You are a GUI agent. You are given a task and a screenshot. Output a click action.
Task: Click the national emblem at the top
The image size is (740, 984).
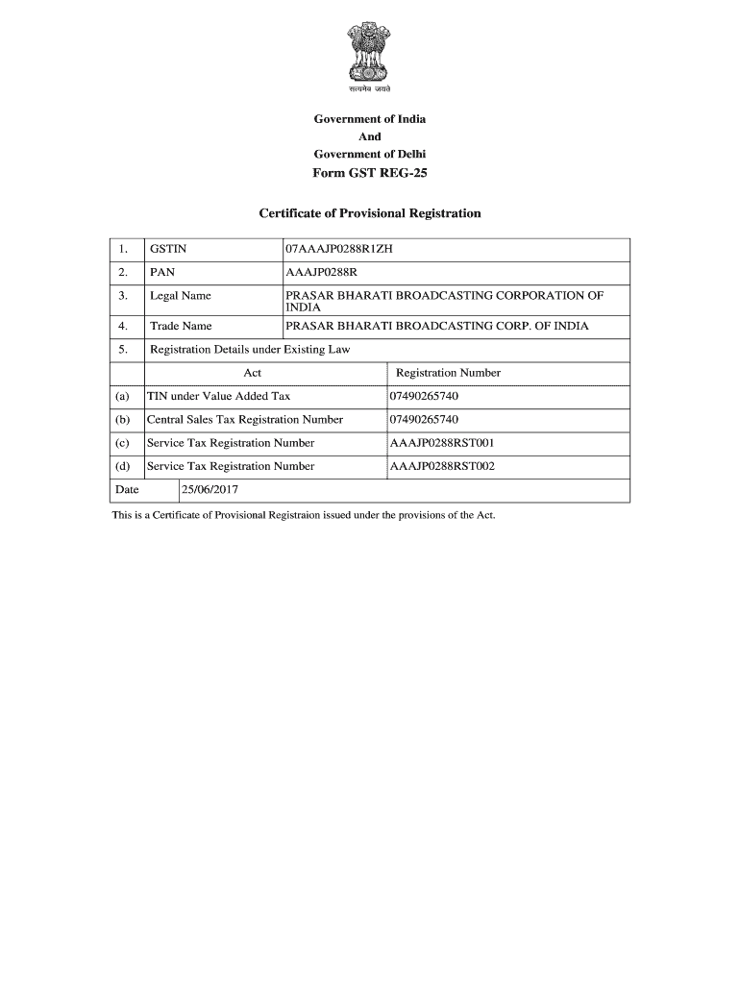click(369, 57)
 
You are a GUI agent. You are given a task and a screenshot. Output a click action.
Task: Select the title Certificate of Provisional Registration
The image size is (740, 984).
click(370, 212)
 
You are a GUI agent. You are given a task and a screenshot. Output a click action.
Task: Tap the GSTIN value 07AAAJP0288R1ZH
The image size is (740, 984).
click(339, 250)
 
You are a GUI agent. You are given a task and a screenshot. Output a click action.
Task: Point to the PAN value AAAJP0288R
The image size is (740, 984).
click(322, 273)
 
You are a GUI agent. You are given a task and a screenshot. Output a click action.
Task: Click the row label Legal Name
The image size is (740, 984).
click(181, 296)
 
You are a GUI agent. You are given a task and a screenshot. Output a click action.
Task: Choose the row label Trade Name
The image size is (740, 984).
click(181, 327)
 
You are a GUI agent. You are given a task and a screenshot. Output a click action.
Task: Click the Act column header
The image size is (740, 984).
click(253, 373)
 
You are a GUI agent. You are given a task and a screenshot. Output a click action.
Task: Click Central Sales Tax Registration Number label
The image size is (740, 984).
click(244, 420)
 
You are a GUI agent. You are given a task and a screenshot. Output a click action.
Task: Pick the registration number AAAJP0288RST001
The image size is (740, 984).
click(442, 443)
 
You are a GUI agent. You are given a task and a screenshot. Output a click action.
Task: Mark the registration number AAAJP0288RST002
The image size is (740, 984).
click(442, 466)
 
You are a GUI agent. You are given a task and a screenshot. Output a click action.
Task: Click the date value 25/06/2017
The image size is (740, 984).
click(210, 490)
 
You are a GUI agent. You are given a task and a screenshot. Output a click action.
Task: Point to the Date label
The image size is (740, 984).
click(127, 490)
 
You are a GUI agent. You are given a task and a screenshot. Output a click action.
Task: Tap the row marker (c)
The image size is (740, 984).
click(122, 443)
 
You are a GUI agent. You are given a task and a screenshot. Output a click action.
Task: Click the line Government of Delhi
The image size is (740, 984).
click(370, 154)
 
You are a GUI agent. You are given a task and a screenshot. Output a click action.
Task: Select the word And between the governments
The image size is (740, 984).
click(370, 136)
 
